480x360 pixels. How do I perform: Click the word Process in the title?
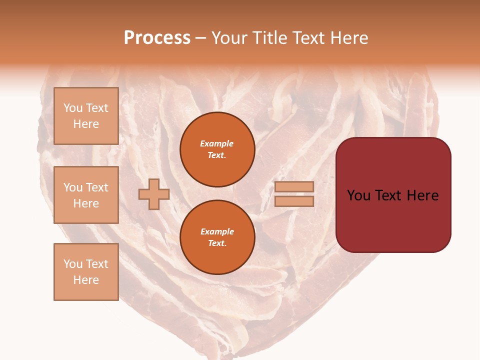[x=157, y=38]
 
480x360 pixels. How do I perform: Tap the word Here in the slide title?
[x=348, y=38]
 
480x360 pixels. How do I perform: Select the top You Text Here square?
[x=86, y=116]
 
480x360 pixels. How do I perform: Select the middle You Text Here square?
[x=86, y=195]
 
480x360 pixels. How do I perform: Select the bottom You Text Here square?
[x=86, y=272]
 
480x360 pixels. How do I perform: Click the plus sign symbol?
[x=154, y=194]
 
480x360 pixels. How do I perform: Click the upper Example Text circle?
[x=217, y=149]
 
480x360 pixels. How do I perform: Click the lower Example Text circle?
[x=217, y=237]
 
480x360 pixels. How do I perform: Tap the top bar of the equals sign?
[x=294, y=186]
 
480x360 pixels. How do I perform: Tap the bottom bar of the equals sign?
[x=294, y=201]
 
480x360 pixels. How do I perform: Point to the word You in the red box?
[x=359, y=195]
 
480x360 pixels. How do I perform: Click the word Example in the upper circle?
[x=217, y=143]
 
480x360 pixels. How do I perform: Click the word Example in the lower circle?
[x=217, y=231]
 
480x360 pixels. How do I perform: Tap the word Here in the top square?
[x=86, y=124]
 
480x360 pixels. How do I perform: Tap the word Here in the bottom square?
[x=86, y=280]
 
